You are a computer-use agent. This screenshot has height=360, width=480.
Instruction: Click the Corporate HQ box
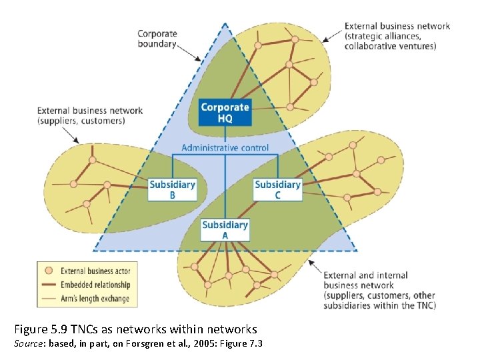pyautogui.click(x=225, y=113)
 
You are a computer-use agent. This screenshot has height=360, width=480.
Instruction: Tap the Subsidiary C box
pyautogui.click(x=277, y=189)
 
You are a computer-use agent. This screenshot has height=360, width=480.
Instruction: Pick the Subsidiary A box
pyautogui.click(x=225, y=230)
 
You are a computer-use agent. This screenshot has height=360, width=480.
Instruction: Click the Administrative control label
pyautogui.click(x=225, y=148)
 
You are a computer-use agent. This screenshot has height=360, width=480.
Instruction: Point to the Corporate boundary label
pyautogui.click(x=157, y=39)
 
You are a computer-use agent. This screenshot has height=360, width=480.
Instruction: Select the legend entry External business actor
pyautogui.click(x=95, y=271)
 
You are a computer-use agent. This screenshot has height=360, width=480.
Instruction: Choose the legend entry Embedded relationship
pyautogui.click(x=95, y=285)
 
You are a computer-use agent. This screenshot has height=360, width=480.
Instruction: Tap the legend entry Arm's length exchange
pyautogui.click(x=95, y=299)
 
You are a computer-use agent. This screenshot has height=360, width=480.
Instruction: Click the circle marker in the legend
pyautogui.click(x=48, y=271)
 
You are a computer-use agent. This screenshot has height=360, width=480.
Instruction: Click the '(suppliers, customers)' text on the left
pyautogui.click(x=81, y=121)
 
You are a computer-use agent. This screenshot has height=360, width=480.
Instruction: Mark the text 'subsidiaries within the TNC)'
pyautogui.click(x=379, y=305)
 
